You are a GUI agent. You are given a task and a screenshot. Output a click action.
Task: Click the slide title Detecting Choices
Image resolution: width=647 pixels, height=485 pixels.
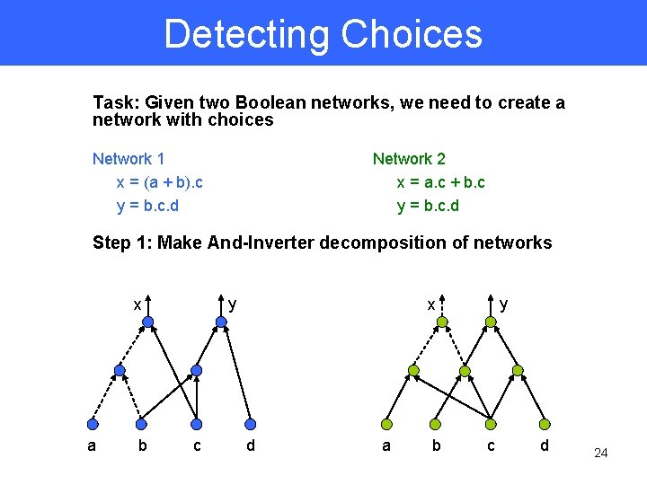pyautogui.click(x=323, y=34)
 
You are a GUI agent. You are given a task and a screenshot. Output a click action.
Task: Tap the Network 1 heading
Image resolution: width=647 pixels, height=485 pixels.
pyautogui.click(x=129, y=159)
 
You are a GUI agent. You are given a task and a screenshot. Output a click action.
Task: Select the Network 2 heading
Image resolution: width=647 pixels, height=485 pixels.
pyautogui.click(x=409, y=159)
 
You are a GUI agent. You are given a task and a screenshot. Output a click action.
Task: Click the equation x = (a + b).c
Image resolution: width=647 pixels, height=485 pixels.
pyautogui.click(x=160, y=182)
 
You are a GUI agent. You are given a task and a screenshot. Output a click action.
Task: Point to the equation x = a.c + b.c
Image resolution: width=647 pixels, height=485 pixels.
pyautogui.click(x=441, y=182)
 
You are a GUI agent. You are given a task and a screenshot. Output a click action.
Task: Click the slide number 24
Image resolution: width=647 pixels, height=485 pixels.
pyautogui.click(x=601, y=453)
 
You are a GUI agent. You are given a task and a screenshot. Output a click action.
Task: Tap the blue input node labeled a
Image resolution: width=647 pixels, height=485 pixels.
pyautogui.click(x=91, y=424)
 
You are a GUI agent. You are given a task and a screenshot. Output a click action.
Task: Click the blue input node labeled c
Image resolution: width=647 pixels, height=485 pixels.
pyautogui.click(x=198, y=424)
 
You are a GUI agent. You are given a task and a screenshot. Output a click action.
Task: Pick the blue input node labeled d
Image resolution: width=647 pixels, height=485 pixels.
pyautogui.click(x=251, y=424)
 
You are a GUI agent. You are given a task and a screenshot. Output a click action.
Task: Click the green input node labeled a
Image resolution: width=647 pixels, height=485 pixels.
pyautogui.click(x=386, y=424)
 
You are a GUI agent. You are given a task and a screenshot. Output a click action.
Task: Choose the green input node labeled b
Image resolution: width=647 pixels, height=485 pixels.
pyautogui.click(x=438, y=424)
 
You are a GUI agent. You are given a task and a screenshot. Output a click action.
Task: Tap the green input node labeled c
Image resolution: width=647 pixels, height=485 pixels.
pyautogui.click(x=491, y=424)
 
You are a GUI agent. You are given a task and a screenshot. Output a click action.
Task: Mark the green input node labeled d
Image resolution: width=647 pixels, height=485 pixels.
pyautogui.click(x=544, y=424)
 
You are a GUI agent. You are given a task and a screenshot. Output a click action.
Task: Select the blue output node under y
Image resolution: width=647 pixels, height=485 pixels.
pyautogui.click(x=221, y=321)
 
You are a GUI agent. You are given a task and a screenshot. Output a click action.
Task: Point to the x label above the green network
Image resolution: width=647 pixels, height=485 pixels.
pyautogui.click(x=431, y=304)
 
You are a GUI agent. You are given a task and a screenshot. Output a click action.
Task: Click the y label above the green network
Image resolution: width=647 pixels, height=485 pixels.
pyautogui.click(x=503, y=304)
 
